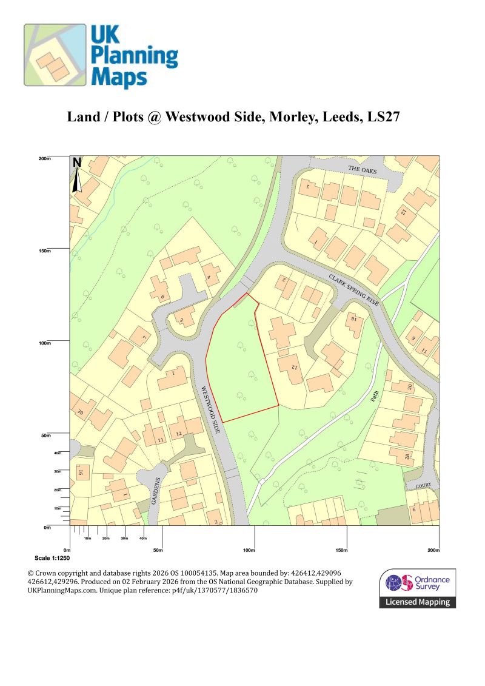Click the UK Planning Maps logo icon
(x=55, y=55)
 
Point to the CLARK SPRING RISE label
(x=355, y=290)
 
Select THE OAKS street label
(x=362, y=170)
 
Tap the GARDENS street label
(x=155, y=491)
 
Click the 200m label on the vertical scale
(x=45, y=159)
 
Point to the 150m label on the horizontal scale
(x=341, y=550)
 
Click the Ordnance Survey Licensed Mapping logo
(x=418, y=588)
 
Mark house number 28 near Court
(x=407, y=456)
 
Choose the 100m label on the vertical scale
(x=45, y=343)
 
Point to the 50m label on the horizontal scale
(x=158, y=550)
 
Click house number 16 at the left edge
(x=79, y=472)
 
